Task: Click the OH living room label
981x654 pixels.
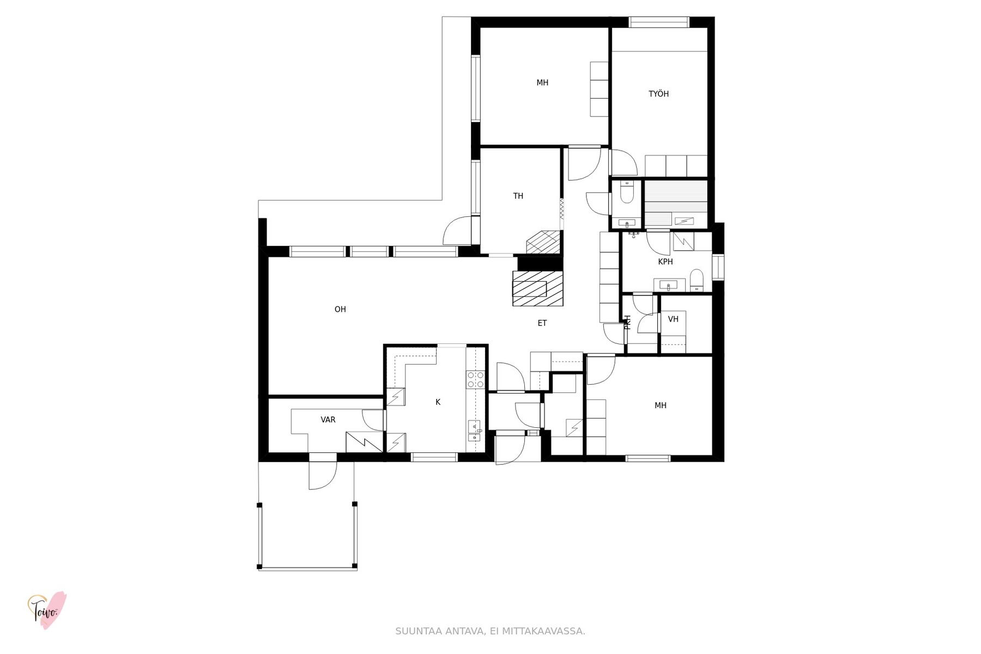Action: pyautogui.click(x=340, y=310)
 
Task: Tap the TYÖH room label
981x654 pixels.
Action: pyautogui.click(x=658, y=94)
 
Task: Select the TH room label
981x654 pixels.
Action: pyautogui.click(x=518, y=196)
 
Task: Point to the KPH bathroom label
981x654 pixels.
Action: pyautogui.click(x=665, y=262)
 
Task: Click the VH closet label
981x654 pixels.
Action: pyautogui.click(x=673, y=319)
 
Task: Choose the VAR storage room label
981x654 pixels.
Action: pyautogui.click(x=328, y=420)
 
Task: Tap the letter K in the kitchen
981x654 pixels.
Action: pyautogui.click(x=438, y=402)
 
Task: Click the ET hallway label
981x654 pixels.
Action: pyautogui.click(x=542, y=323)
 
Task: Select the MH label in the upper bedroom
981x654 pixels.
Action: pyautogui.click(x=542, y=83)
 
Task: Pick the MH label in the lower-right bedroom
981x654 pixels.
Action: pyautogui.click(x=661, y=405)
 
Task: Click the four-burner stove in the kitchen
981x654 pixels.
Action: pyautogui.click(x=476, y=379)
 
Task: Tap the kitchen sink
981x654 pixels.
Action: pyautogui.click(x=475, y=431)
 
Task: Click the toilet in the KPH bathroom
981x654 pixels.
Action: pyautogui.click(x=697, y=281)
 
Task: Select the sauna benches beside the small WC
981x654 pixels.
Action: pyautogui.click(x=676, y=203)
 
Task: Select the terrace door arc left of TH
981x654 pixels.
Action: pyautogui.click(x=457, y=231)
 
